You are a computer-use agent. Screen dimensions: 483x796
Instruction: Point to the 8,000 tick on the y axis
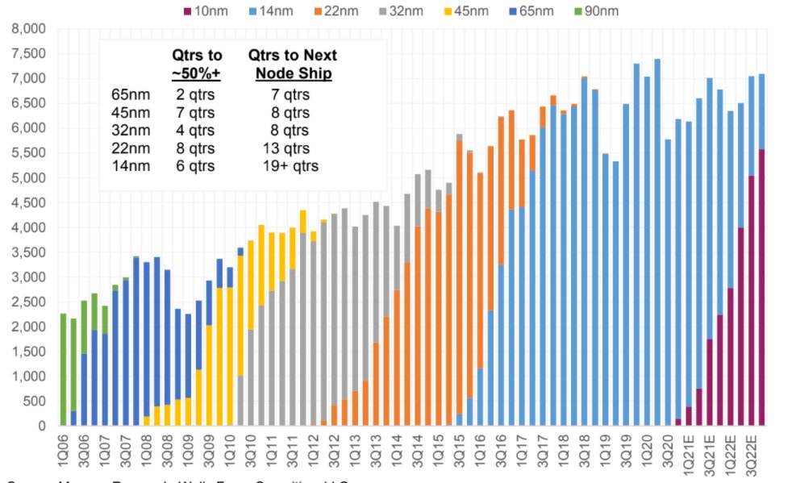29,29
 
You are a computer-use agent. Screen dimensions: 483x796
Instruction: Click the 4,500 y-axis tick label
29,202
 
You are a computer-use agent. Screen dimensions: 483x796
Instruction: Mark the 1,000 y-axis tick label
29,377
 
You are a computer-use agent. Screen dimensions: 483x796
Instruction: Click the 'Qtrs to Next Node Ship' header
291,65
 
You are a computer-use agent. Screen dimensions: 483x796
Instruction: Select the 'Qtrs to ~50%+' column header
198,65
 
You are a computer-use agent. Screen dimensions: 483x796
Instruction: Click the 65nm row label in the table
130,95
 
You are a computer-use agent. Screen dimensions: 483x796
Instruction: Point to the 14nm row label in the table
130,166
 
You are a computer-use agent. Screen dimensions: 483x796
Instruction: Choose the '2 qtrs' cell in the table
194,95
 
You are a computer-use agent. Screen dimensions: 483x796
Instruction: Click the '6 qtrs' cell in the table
194,166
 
